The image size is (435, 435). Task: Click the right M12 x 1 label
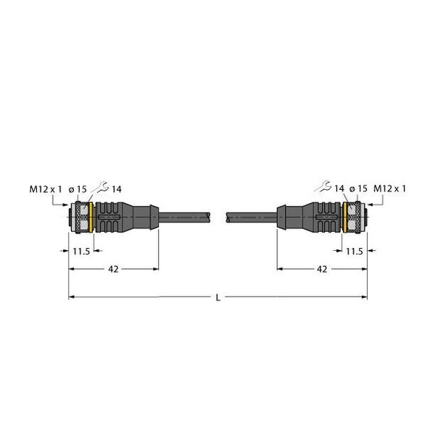click(x=390, y=188)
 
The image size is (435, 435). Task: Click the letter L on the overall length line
click(x=218, y=297)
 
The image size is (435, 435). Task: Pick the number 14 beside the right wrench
click(x=339, y=189)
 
